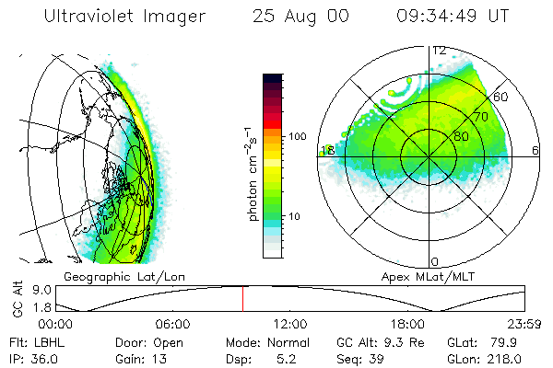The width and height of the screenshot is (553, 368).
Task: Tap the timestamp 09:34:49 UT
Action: [453, 16]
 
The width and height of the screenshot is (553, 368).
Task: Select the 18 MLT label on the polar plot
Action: [326, 150]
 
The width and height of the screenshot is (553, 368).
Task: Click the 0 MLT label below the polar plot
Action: [434, 262]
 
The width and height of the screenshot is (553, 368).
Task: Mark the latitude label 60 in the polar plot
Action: [501, 97]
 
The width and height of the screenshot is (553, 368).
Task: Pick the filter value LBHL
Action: [43, 341]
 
